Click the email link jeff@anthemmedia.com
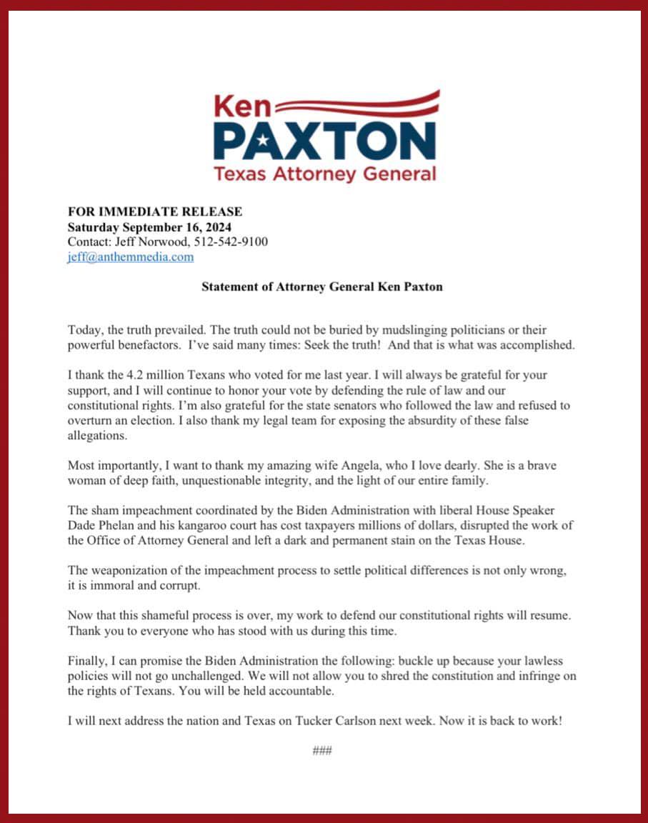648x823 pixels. (x=130, y=257)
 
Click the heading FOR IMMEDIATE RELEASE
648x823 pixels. (x=154, y=211)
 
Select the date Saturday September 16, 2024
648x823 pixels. (x=154, y=226)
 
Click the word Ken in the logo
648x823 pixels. (x=242, y=106)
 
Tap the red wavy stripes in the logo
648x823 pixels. (x=357, y=104)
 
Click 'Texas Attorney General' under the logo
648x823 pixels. (x=324, y=173)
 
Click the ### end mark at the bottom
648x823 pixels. (x=322, y=750)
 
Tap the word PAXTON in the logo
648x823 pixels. (x=324, y=141)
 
